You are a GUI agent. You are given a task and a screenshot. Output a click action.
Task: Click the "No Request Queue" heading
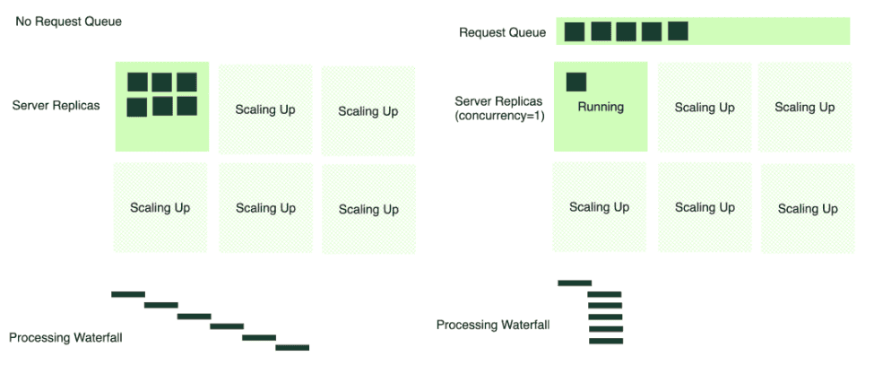click(x=68, y=22)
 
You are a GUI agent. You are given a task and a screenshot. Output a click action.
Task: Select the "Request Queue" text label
click(x=502, y=32)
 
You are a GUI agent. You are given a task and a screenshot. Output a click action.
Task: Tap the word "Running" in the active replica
click(x=600, y=107)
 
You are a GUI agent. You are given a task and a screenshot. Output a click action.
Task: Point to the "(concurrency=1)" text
click(x=500, y=116)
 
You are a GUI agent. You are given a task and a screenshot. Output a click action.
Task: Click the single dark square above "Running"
click(x=576, y=82)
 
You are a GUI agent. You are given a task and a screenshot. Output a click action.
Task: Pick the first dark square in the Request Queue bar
click(x=575, y=31)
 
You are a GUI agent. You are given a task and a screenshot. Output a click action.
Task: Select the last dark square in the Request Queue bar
click(x=679, y=31)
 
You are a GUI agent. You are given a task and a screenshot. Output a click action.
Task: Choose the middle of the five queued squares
click(x=627, y=31)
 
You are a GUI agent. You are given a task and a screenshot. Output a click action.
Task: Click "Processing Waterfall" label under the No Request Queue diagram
click(x=65, y=338)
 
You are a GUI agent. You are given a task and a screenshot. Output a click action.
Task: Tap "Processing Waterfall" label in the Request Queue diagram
click(x=493, y=325)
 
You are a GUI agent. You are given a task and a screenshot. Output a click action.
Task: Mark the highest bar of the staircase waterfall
click(x=128, y=294)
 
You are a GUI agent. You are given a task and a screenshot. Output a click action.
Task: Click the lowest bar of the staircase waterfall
click(x=292, y=347)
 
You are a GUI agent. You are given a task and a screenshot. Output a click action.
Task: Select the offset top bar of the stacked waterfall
click(x=575, y=283)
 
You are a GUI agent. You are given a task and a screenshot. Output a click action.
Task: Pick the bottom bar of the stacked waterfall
click(x=605, y=341)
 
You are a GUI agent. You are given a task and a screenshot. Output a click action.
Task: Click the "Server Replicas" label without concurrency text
click(x=56, y=106)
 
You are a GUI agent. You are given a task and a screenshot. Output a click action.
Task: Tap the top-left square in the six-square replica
click(x=137, y=83)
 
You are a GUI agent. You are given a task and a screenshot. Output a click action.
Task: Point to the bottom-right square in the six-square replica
click(x=186, y=107)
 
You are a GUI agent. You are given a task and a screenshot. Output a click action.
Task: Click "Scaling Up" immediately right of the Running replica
click(x=705, y=108)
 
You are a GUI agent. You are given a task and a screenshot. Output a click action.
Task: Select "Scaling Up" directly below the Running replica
click(x=599, y=207)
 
